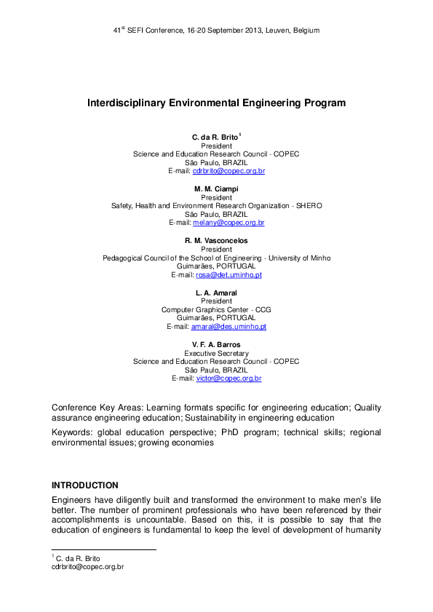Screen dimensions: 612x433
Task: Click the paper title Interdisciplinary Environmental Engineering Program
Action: (216, 103)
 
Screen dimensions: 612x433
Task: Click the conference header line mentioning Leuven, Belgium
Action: (216, 31)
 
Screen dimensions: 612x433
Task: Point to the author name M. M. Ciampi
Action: (216, 189)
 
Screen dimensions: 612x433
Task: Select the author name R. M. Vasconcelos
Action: (216, 241)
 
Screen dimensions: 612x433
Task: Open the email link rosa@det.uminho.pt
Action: (228, 275)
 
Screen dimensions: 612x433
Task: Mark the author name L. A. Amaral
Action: (216, 293)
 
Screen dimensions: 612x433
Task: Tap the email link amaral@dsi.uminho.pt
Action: (229, 327)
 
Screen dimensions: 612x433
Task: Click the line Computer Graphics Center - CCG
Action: (216, 310)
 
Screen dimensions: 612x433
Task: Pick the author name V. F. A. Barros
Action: (216, 345)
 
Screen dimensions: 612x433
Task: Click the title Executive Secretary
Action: (216, 353)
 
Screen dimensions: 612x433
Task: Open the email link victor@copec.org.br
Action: (229, 379)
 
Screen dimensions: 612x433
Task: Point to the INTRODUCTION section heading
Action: (84, 485)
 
